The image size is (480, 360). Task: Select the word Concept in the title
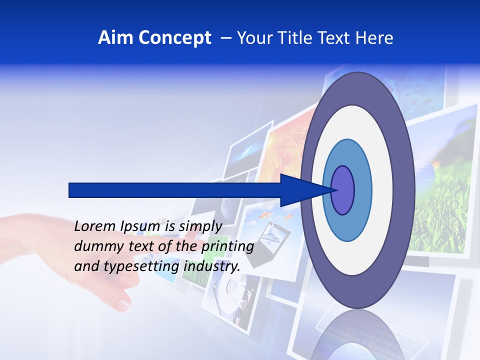174,38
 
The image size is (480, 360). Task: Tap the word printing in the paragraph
227,246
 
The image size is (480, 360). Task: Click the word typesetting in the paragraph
142,266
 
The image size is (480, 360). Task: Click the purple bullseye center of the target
343,190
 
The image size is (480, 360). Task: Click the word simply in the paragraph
200,226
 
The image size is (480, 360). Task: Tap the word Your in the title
255,38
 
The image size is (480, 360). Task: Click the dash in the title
225,38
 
